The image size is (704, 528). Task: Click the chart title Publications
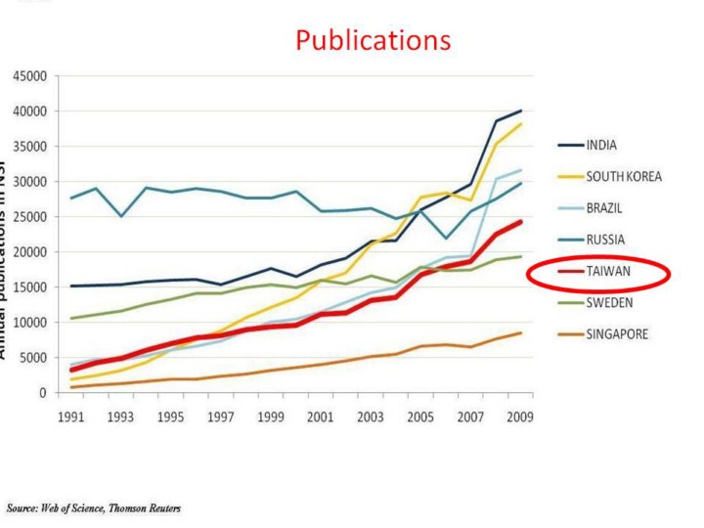pyautogui.click(x=373, y=40)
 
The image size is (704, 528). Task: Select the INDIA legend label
pyautogui.click(x=601, y=146)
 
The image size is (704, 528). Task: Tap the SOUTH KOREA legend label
pyautogui.click(x=624, y=177)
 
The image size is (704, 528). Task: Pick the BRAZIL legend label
pyautogui.click(x=604, y=208)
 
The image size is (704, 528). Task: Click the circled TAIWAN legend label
pyautogui.click(x=608, y=271)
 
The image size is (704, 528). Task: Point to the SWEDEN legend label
pyautogui.click(x=608, y=302)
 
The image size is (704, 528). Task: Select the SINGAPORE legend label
pyautogui.click(x=616, y=333)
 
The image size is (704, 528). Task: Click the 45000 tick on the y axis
pyautogui.click(x=29, y=76)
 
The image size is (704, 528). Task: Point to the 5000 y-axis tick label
pyautogui.click(x=33, y=358)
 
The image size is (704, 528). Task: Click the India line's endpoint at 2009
pyautogui.click(x=521, y=110)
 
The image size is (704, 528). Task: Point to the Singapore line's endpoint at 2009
pyautogui.click(x=521, y=333)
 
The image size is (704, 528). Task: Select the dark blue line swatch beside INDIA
pyautogui.click(x=570, y=146)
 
